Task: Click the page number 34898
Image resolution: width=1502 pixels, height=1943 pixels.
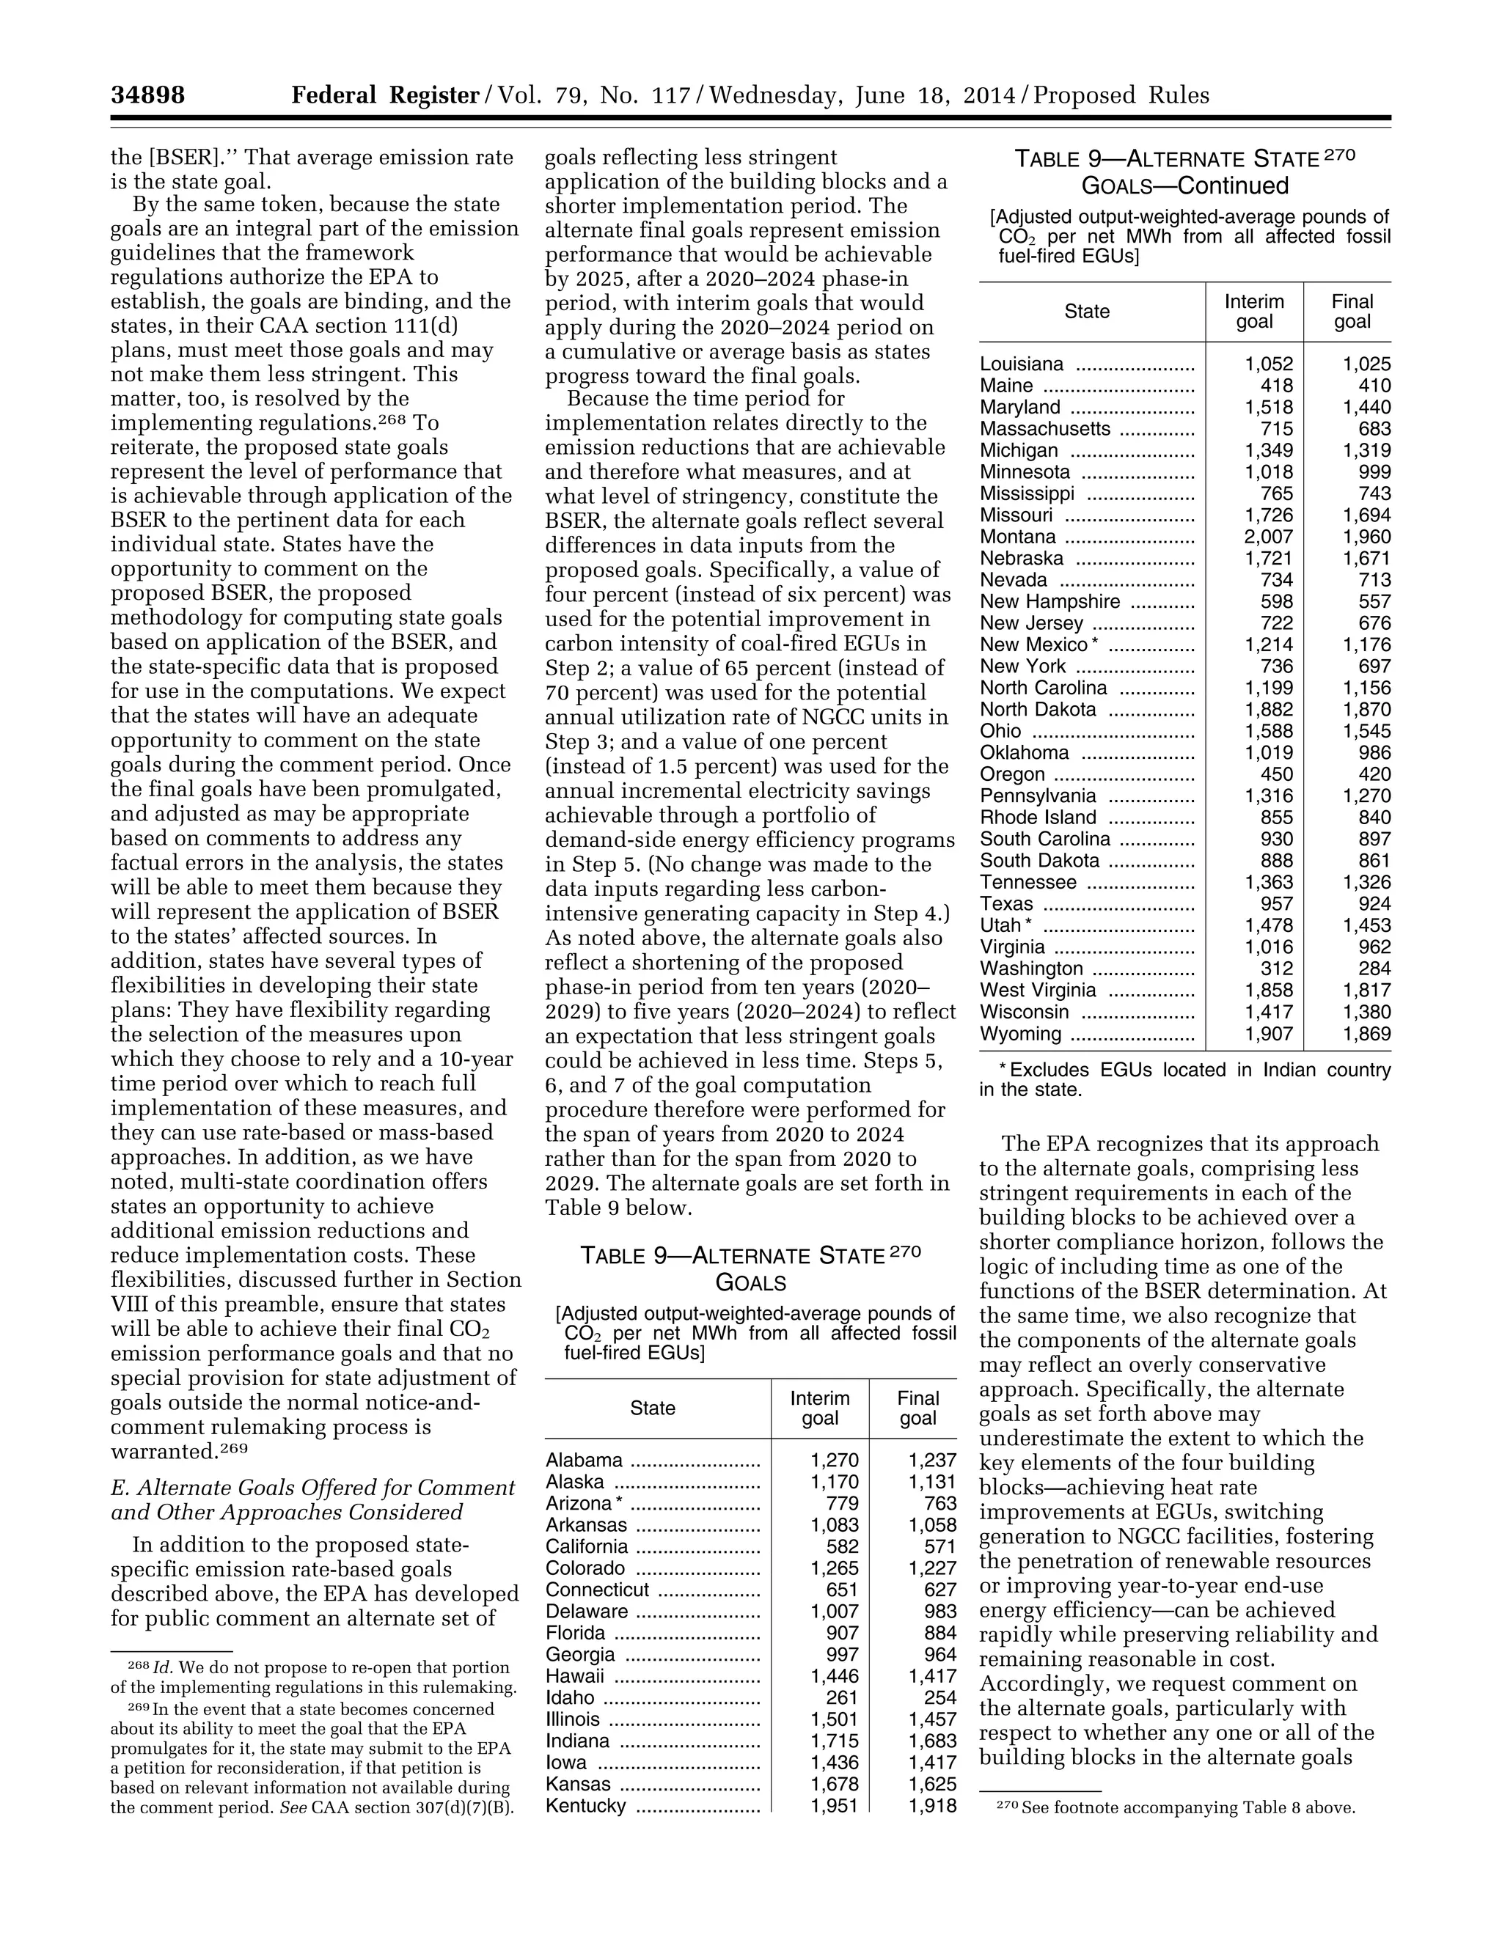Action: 147,95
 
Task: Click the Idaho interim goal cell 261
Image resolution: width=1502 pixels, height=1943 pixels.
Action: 842,1697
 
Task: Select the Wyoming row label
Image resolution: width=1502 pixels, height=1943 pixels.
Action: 1021,1034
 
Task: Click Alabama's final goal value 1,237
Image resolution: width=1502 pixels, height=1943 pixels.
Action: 931,1460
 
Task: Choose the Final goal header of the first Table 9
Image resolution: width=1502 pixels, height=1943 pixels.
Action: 917,1408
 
